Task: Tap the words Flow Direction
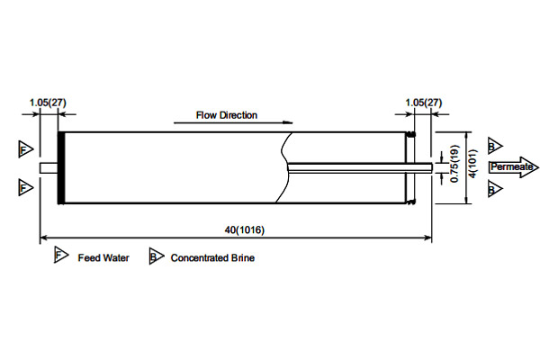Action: (227, 115)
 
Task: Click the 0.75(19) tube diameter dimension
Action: (455, 164)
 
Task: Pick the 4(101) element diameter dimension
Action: (472, 166)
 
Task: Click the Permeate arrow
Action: (513, 166)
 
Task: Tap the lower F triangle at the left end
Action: (25, 187)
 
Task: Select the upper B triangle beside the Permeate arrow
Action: (493, 146)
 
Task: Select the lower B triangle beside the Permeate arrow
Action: (493, 189)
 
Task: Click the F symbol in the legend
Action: (60, 256)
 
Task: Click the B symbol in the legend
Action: (155, 257)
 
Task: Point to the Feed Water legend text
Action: (103, 258)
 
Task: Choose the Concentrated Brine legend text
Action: (212, 258)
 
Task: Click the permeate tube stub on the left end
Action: (49, 167)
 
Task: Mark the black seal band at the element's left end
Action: (62, 167)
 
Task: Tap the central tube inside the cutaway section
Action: (351, 166)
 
